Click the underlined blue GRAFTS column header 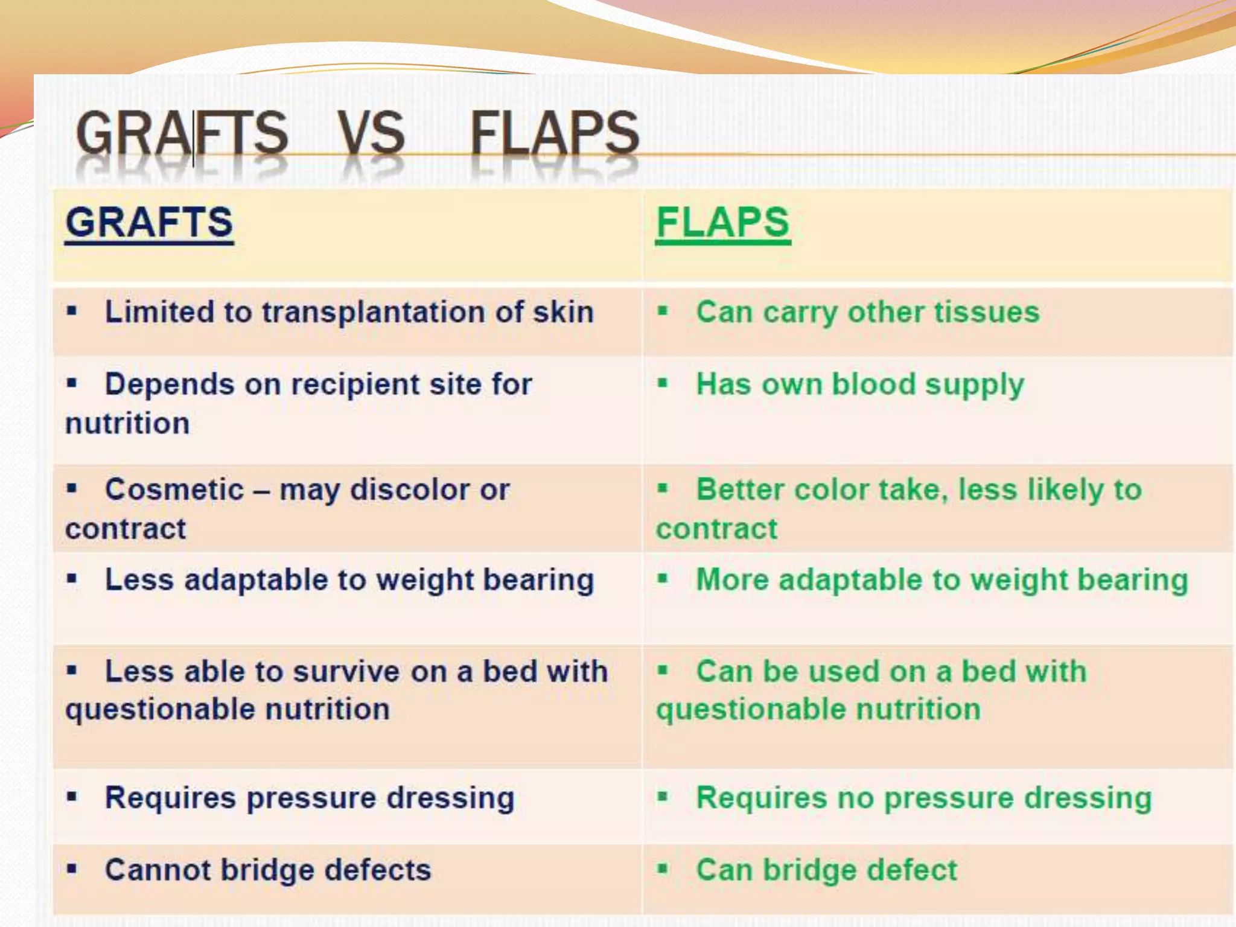149,223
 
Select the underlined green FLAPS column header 722,223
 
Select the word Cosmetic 174,489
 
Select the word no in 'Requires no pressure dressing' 855,798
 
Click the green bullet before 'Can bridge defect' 663,869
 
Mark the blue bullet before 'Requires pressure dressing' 72,797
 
